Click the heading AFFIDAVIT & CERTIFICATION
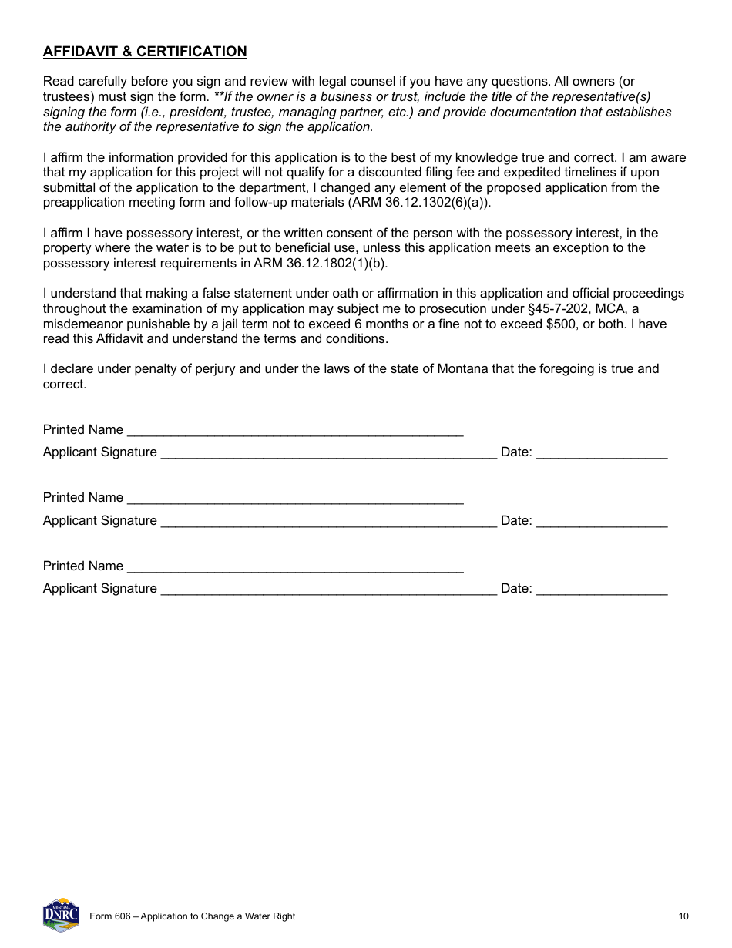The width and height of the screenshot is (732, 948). (x=145, y=52)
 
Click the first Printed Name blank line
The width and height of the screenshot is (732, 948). (x=294, y=430)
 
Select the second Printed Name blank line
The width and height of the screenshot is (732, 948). (x=294, y=498)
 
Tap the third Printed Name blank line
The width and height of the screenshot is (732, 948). (x=294, y=566)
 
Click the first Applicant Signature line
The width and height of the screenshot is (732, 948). (x=328, y=452)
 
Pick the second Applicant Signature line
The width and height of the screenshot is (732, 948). (x=328, y=521)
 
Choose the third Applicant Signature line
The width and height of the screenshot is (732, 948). (x=328, y=589)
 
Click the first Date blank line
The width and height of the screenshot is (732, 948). (x=601, y=452)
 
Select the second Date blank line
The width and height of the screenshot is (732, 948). (x=601, y=521)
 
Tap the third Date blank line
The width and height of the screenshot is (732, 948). (x=601, y=589)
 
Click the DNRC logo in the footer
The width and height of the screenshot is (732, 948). (x=61, y=915)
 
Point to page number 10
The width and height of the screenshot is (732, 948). (x=683, y=916)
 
